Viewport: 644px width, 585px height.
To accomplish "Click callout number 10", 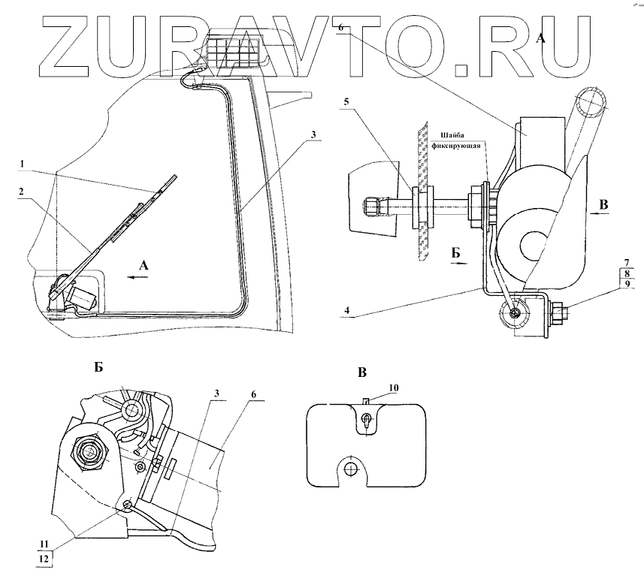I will (394, 387).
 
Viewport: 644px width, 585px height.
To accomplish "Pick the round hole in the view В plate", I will (350, 469).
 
